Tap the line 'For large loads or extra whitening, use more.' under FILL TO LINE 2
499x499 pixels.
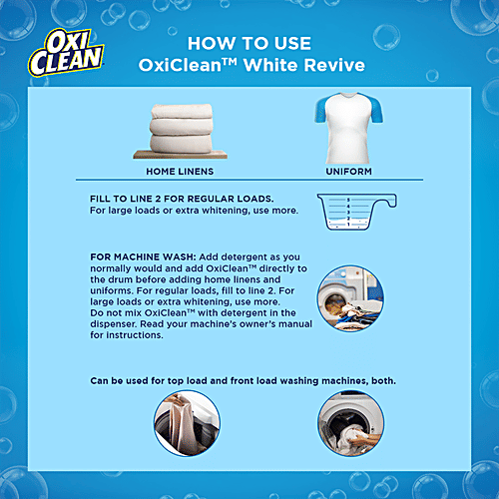tap(177, 211)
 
